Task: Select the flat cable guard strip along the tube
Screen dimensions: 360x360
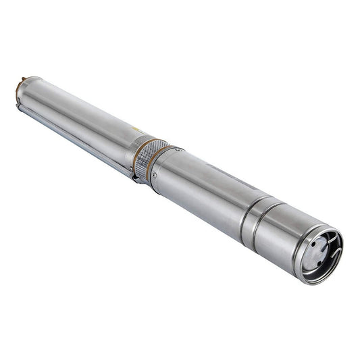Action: click(74, 138)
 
